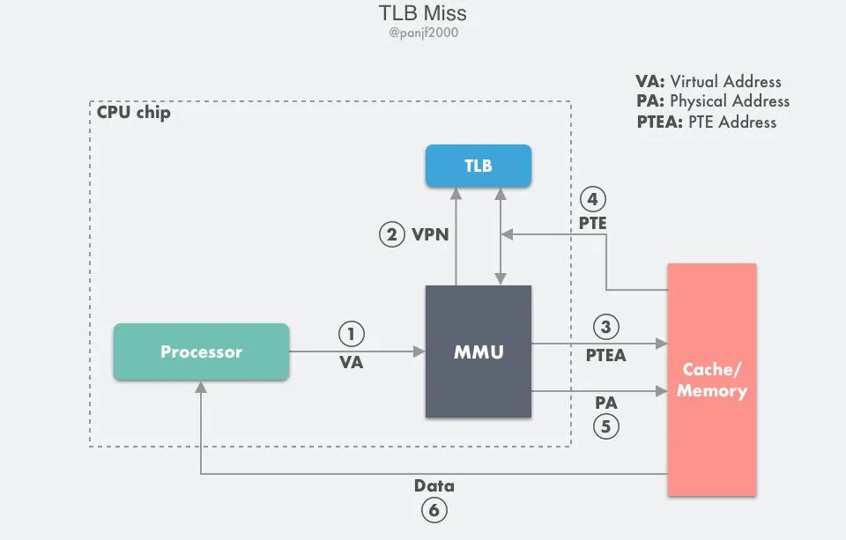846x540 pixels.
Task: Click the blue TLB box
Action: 478,166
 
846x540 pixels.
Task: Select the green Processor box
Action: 201,351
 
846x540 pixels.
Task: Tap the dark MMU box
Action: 478,351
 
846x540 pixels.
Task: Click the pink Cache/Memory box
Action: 712,380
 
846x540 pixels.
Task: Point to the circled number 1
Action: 352,334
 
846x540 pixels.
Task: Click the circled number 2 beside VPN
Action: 391,234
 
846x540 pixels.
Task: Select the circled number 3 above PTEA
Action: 606,327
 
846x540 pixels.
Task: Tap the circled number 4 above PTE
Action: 592,200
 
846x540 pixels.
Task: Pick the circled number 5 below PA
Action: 606,426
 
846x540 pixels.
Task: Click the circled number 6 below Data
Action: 434,510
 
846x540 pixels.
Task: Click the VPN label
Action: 430,234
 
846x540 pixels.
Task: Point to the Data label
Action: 434,485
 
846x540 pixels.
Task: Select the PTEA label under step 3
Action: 606,355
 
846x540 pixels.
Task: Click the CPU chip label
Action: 133,112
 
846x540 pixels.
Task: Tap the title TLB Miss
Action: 422,13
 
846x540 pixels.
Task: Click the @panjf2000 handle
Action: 423,33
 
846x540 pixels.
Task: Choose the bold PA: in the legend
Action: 650,101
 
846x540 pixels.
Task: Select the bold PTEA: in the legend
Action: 660,122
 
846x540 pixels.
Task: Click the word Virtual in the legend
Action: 693,81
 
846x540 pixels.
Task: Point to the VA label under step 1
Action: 352,362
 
